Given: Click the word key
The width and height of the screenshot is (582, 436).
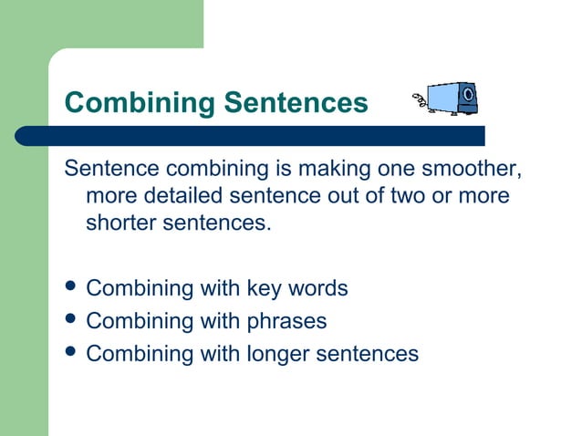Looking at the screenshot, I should pyautogui.click(x=263, y=289).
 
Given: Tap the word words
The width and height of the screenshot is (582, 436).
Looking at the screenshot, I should pyautogui.click(x=317, y=289).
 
